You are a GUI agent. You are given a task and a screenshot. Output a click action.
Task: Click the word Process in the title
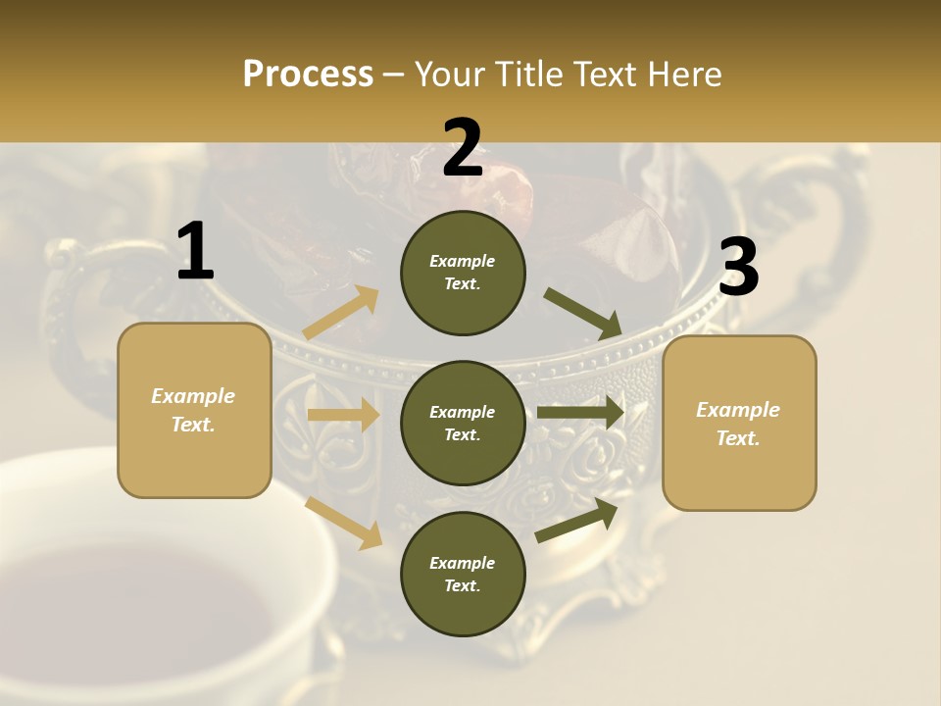(x=308, y=75)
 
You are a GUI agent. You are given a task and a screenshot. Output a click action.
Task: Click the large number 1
(x=195, y=252)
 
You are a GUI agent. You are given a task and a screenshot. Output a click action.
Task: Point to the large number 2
(x=463, y=148)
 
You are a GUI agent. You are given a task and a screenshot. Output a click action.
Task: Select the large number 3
(x=738, y=267)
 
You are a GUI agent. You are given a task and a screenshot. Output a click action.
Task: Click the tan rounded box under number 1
(x=194, y=410)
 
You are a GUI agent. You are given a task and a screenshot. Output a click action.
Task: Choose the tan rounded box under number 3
(x=739, y=424)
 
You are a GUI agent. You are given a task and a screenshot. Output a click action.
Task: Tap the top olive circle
(x=463, y=273)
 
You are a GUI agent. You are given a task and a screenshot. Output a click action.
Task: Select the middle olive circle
(x=463, y=424)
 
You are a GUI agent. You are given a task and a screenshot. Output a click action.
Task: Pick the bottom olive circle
(x=463, y=575)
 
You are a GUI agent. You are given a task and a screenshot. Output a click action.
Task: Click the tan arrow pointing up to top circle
(x=341, y=313)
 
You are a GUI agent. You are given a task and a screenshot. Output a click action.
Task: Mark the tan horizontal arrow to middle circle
(x=343, y=415)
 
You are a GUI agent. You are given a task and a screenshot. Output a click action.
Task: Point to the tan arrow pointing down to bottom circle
(x=343, y=522)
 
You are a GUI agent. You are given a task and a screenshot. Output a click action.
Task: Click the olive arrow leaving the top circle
(x=582, y=313)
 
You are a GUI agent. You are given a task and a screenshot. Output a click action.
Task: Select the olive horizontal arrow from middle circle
(x=580, y=412)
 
